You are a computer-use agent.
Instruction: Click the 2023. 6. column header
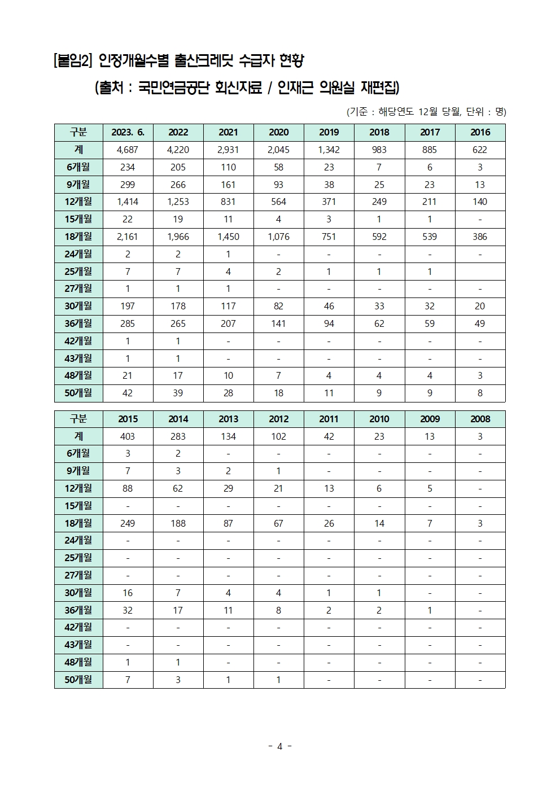click(x=128, y=132)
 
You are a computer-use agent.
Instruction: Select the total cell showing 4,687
click(x=128, y=150)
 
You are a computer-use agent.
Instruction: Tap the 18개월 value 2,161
click(x=128, y=237)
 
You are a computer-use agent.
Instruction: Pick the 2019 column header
click(x=329, y=132)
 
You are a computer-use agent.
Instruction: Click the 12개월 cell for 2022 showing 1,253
click(x=178, y=202)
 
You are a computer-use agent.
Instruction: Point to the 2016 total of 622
click(x=480, y=150)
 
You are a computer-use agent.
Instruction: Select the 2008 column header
click(x=480, y=419)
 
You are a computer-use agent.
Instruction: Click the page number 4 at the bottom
click(x=279, y=746)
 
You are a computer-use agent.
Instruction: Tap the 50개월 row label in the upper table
click(x=78, y=393)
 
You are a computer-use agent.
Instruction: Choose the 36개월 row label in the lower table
click(x=78, y=610)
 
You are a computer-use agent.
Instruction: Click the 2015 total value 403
click(x=128, y=436)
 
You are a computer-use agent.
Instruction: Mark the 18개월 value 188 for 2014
click(x=178, y=523)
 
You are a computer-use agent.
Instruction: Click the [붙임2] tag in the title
click(x=72, y=60)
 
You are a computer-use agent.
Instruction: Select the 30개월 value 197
click(x=128, y=306)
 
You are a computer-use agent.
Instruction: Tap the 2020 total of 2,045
click(x=278, y=150)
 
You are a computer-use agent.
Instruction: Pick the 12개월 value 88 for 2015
click(x=128, y=488)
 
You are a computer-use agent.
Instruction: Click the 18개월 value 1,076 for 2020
click(x=278, y=237)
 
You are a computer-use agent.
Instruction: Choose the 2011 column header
click(x=329, y=419)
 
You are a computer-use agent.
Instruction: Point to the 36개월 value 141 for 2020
click(x=278, y=323)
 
